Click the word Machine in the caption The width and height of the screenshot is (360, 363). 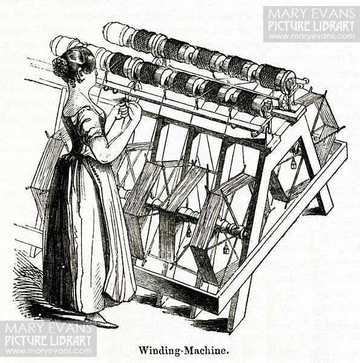[205, 350]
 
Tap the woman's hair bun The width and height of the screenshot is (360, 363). [61, 67]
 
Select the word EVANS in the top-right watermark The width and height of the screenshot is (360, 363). [333, 13]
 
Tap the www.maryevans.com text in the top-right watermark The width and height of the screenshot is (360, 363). [312, 36]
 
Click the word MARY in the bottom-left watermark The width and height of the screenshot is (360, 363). [22, 329]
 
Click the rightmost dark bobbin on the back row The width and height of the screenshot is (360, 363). [269, 77]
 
